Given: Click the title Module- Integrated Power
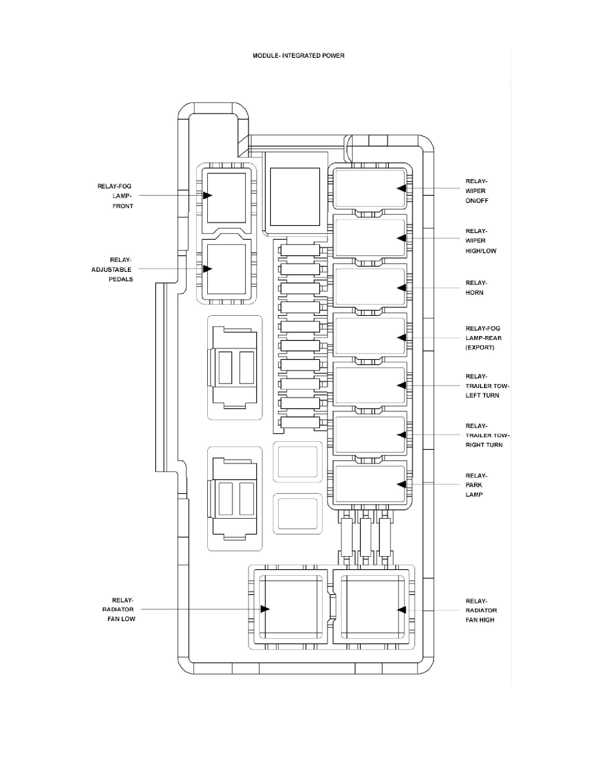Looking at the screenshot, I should pos(298,56).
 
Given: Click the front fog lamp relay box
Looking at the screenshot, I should pos(226,197).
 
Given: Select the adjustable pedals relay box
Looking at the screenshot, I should pos(226,269).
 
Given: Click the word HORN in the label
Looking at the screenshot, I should pos(475,293).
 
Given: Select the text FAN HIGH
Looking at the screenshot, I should pos(480,619).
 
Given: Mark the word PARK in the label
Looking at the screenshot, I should pos(474,485).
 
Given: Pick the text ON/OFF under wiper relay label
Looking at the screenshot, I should pos(477,200).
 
